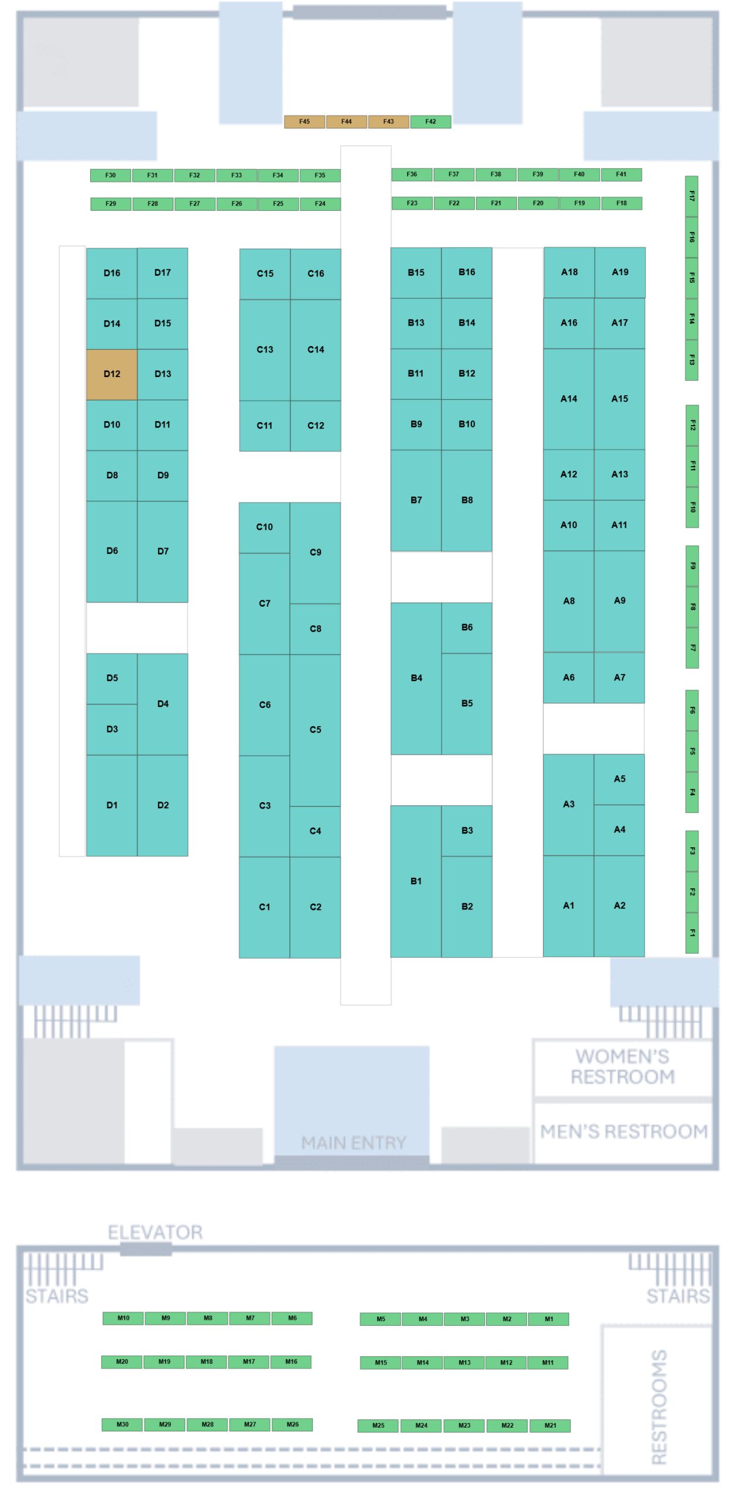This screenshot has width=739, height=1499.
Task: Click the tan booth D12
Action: click(112, 374)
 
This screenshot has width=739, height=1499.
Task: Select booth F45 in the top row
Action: click(305, 122)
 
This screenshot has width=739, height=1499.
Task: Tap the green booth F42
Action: click(430, 122)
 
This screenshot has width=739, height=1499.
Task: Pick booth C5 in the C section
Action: click(315, 730)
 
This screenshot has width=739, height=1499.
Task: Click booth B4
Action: click(416, 679)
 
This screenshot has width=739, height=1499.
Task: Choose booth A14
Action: click(569, 399)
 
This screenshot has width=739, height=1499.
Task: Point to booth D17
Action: click(163, 273)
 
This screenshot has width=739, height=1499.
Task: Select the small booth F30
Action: click(111, 175)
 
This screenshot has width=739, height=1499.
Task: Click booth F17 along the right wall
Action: click(692, 196)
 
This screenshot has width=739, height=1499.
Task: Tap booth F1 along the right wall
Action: click(692, 933)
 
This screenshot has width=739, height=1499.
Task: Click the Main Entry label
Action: click(354, 1142)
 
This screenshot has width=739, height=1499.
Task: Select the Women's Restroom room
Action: click(622, 1068)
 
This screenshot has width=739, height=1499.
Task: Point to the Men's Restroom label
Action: click(624, 1131)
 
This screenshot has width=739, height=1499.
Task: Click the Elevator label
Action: click(155, 1233)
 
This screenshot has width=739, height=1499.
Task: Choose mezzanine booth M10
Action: click(123, 1318)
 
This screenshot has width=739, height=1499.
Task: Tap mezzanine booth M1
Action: click(549, 1319)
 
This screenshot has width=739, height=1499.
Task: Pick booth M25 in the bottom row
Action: click(378, 1425)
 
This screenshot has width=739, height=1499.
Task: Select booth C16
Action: click(316, 274)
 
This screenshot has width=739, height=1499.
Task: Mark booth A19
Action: click(620, 272)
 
